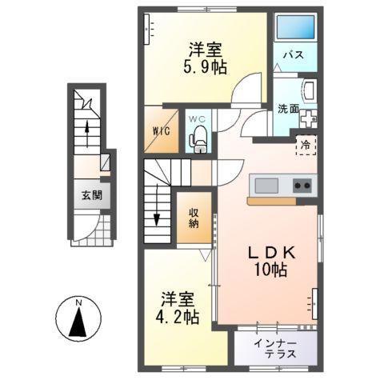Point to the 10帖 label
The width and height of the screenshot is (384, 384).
coord(270,270)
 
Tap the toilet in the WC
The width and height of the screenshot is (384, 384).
coord(198,139)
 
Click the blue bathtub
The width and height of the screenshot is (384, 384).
coord(292,30)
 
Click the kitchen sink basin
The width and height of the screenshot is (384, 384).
coord(266,186)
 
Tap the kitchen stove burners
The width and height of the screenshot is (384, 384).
coord(302,186)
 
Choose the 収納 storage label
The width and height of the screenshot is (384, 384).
coord(194,218)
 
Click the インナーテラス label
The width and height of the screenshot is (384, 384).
coord(275,348)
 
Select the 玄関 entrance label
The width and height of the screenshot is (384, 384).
coord(89,194)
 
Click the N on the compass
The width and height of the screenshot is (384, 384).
coord(78,303)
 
